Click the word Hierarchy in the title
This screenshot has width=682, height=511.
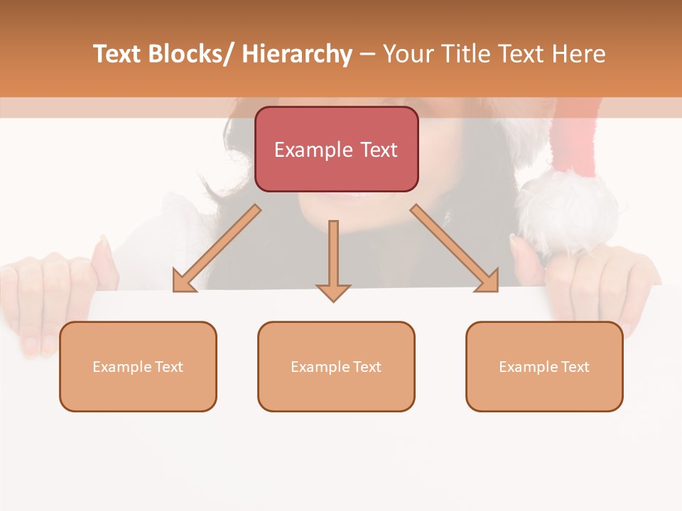click(x=297, y=54)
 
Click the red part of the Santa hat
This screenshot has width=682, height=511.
click(x=575, y=142)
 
